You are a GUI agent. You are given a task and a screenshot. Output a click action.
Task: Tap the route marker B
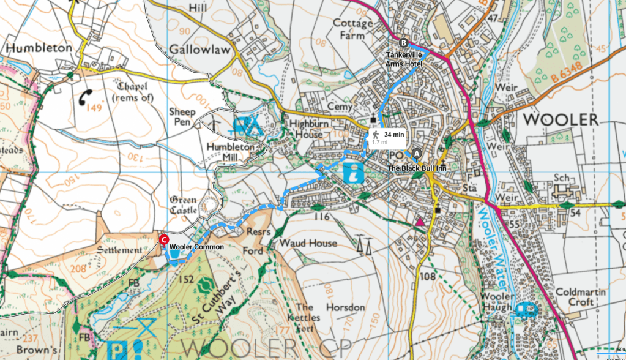(403, 43)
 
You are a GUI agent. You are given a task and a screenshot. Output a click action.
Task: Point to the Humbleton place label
(39, 47)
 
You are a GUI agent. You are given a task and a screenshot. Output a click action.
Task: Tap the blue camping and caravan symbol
(247, 127)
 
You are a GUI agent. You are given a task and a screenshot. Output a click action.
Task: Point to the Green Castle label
(183, 205)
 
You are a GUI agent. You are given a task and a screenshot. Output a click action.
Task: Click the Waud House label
(308, 243)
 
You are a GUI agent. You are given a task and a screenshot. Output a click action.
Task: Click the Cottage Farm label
(352, 29)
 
